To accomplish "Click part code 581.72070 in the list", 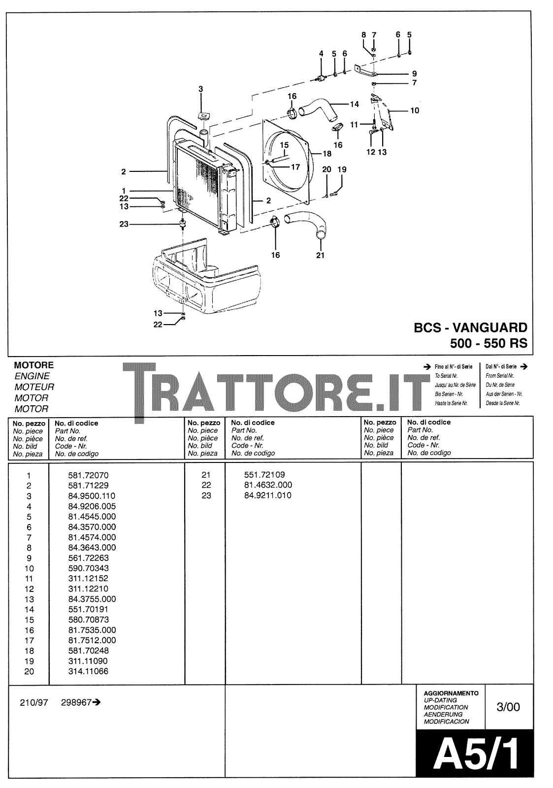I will point(88,475).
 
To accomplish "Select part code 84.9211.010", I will point(267,495).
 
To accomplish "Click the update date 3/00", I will point(509,707).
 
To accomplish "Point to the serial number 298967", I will point(77,703).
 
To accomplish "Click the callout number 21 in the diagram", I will point(320,255).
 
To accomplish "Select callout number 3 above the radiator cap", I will point(200,89).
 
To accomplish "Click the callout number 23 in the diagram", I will point(123,224).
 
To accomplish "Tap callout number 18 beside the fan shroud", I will point(327,154).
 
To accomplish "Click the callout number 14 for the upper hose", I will point(354,104).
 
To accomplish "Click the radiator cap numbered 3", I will point(203,117).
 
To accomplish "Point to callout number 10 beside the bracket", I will point(415,111).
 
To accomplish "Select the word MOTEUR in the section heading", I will point(34,387).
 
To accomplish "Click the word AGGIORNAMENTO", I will point(451,693).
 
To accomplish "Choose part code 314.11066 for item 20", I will point(88,671).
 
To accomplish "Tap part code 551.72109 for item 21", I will point(264,475).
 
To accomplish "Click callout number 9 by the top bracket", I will point(414,74).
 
